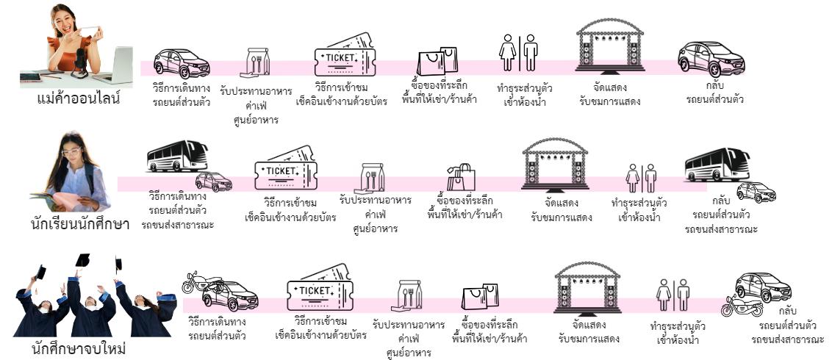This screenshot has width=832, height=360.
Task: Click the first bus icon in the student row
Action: pyautogui.click(x=177, y=156)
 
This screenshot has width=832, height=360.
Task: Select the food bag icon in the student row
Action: pyautogui.click(x=373, y=179)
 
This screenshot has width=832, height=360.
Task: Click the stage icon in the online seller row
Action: pyautogui.click(x=610, y=45)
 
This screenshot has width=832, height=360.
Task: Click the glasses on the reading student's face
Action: pyautogui.click(x=71, y=151)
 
